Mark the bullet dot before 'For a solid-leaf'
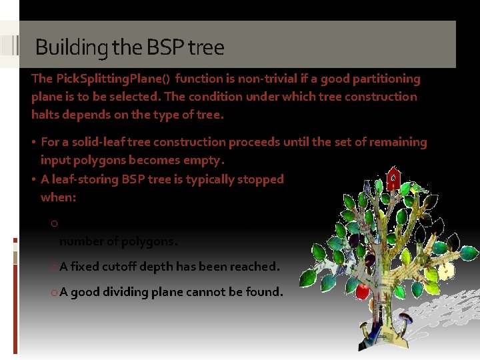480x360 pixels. point(35,142)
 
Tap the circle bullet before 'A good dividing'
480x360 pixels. point(53,293)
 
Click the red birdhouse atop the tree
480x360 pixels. point(394,178)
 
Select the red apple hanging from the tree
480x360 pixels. point(363,291)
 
